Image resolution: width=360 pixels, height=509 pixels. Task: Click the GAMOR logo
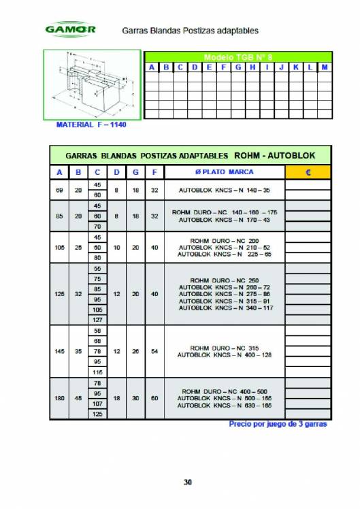pos(70,31)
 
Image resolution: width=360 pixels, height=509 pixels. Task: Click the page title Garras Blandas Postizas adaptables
pos(191,31)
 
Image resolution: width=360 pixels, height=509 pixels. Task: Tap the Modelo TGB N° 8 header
pos(238,56)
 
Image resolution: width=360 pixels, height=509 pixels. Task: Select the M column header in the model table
pos(325,67)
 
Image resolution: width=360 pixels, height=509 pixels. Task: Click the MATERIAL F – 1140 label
pos(91,125)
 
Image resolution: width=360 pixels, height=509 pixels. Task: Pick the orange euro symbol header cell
pos(308,172)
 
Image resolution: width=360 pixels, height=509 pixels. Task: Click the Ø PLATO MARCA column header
pos(225,172)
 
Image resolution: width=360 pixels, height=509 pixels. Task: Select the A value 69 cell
pos(59,190)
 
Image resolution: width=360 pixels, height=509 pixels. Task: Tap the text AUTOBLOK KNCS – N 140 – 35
pos(225,190)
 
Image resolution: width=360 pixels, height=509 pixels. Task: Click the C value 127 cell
pos(97,318)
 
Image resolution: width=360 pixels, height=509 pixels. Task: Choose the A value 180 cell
pos(59,397)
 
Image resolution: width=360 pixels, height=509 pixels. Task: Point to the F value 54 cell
pos(154,352)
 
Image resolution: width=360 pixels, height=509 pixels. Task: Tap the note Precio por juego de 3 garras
pos(278,424)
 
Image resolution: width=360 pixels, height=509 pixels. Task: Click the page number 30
pos(188,482)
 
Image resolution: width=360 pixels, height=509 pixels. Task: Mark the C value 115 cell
pos(97,372)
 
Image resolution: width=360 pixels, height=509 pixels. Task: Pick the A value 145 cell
pos(59,352)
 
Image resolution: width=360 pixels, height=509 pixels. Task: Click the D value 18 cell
pos(116,397)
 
